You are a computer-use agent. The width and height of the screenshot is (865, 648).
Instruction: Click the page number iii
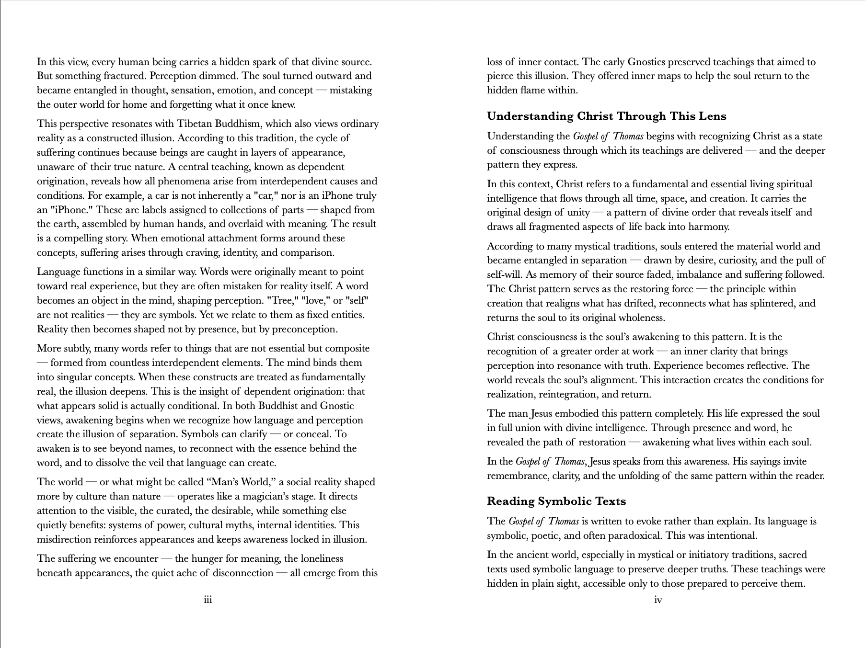(208, 600)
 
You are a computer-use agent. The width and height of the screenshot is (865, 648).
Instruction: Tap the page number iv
(658, 600)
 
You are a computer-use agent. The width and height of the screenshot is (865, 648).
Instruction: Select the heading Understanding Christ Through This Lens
(606, 116)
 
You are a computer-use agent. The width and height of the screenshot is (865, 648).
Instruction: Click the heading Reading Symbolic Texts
(556, 501)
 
